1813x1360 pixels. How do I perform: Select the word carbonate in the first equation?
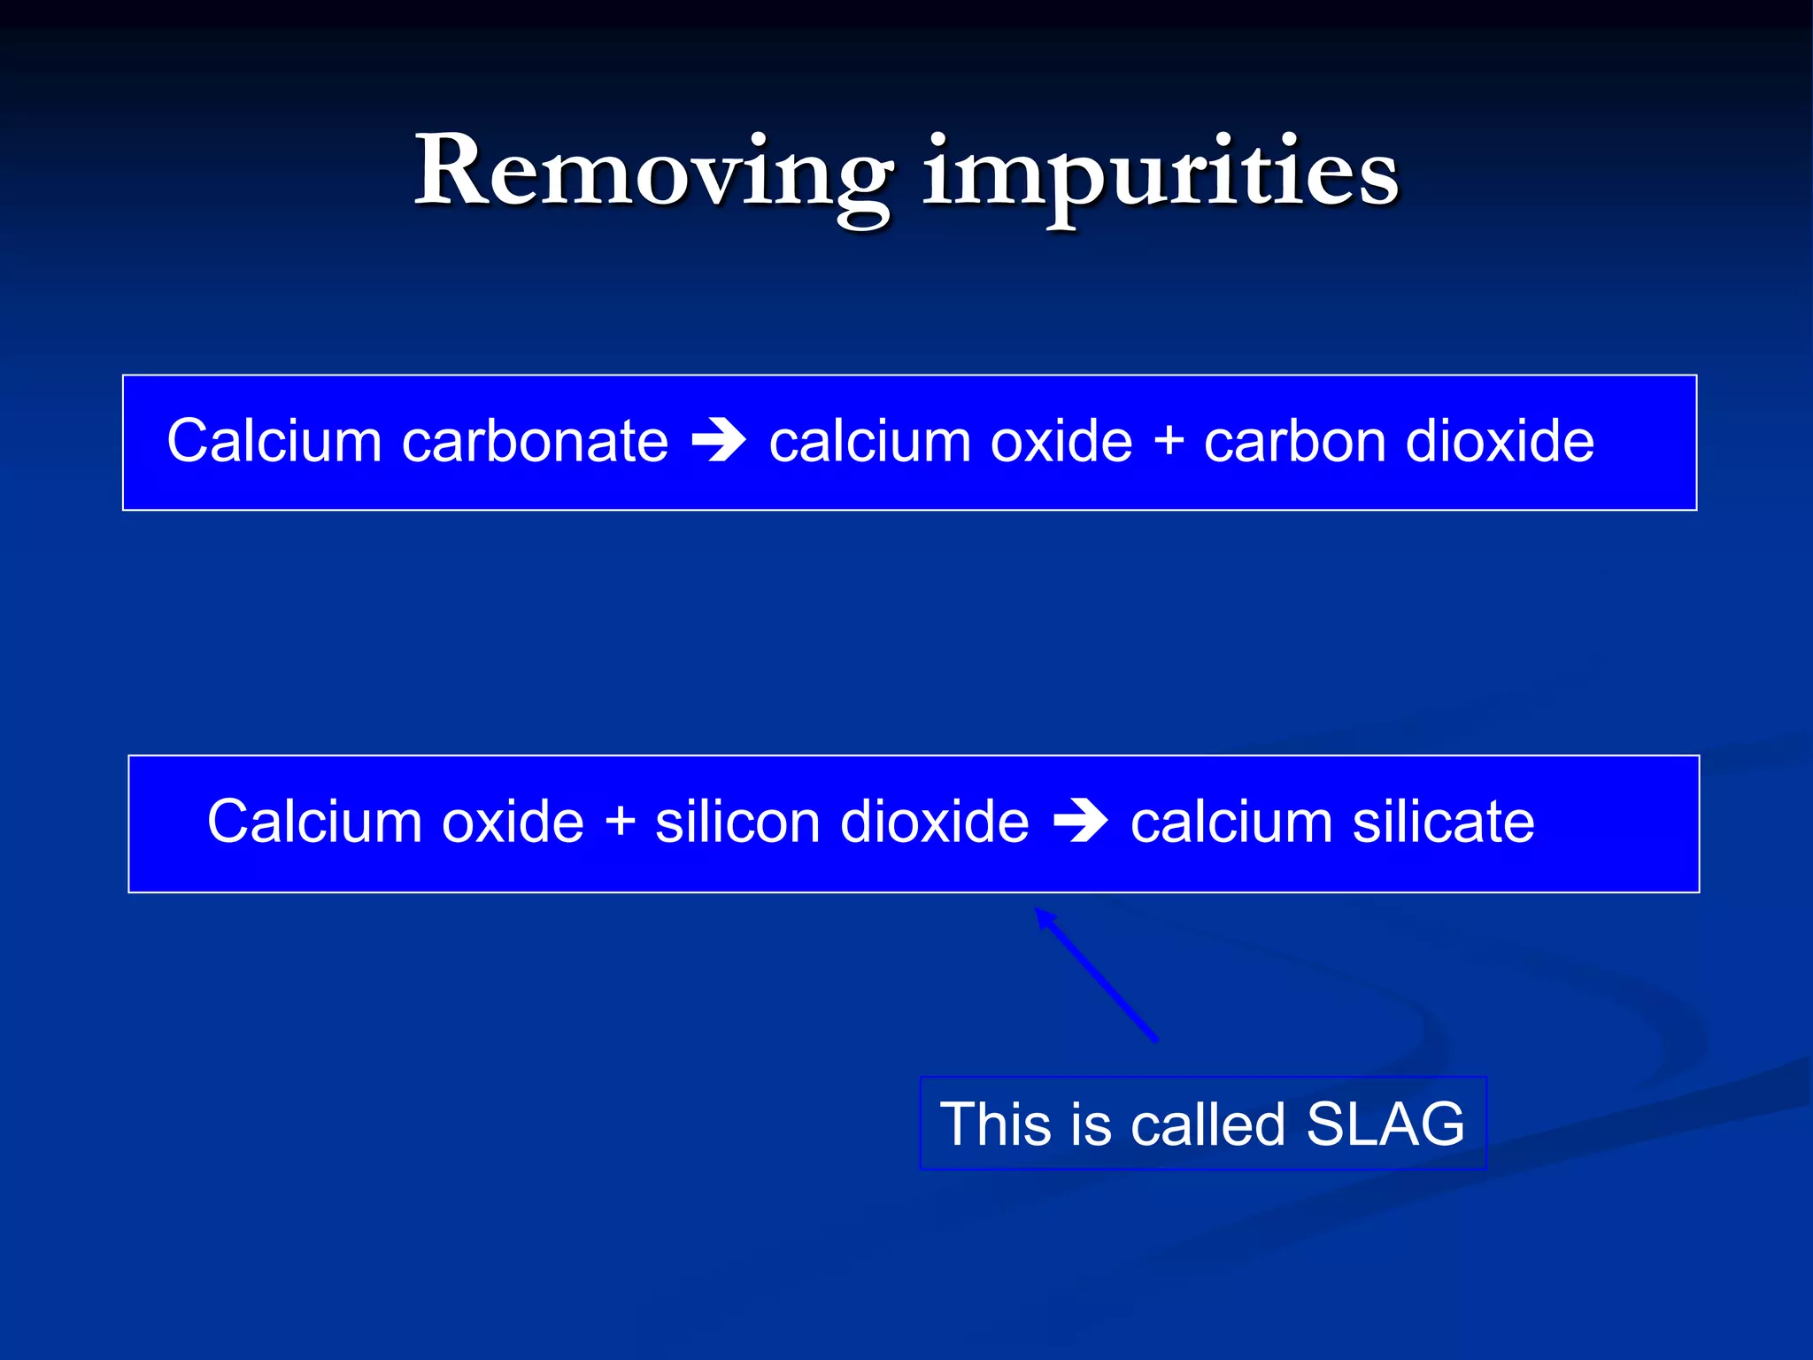point(535,441)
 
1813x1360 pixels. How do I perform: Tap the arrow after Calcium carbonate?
point(718,442)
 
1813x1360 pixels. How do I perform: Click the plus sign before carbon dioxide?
point(1169,441)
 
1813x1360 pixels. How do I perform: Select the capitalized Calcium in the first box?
point(274,441)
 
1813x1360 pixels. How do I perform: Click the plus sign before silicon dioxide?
point(621,822)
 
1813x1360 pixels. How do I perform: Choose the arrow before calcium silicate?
point(1080,823)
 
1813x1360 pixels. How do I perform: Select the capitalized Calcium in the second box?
point(314,822)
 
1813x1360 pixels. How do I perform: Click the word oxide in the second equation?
point(513,822)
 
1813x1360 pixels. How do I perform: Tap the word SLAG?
point(1385,1124)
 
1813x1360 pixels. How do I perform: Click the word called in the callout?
point(1207,1124)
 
